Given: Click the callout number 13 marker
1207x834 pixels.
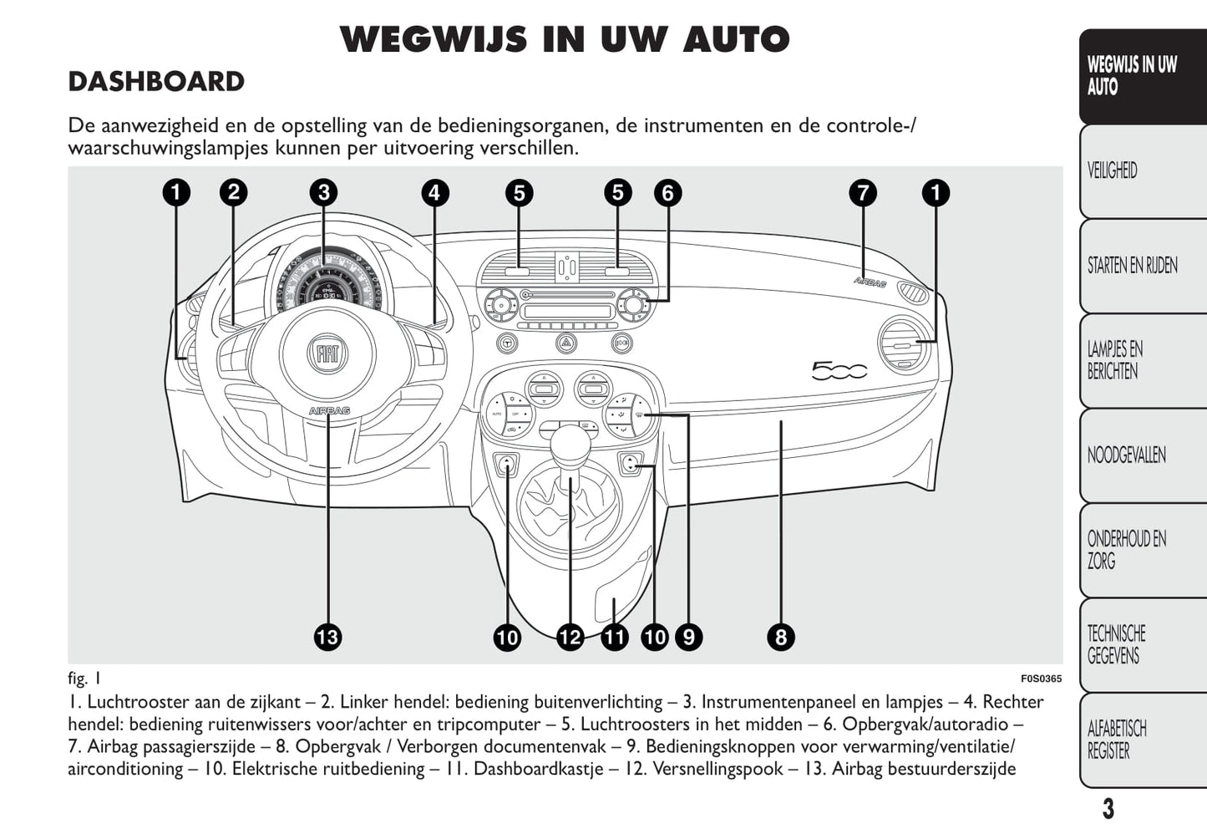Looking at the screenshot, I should [327, 638].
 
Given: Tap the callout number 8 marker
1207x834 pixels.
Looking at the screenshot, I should [780, 638].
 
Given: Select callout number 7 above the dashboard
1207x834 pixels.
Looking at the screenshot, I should [863, 193].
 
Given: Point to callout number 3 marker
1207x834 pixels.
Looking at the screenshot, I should [323, 193].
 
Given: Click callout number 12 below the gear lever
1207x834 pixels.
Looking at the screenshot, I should [570, 638].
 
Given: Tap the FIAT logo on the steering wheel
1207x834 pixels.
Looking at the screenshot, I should [327, 354].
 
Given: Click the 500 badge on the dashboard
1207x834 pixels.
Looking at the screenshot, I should [839, 370].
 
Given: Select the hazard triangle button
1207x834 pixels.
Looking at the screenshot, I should [566, 343].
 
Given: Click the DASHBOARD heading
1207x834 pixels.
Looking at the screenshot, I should [156, 82].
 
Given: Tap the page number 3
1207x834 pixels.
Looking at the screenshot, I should [1108, 809].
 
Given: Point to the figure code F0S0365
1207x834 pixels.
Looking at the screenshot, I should [1041, 679].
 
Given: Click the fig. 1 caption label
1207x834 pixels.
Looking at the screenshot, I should [84, 678].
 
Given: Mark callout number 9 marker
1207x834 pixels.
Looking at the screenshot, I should [688, 638].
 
